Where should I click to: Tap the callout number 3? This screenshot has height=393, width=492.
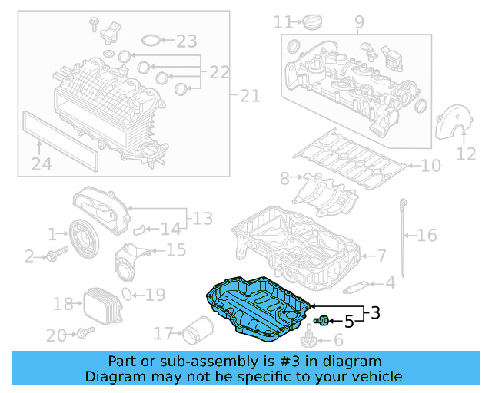[x=375, y=313]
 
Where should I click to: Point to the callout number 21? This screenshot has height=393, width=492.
[x=250, y=96]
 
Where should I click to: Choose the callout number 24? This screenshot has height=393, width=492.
[x=42, y=163]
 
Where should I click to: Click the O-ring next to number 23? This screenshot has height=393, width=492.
[x=152, y=39]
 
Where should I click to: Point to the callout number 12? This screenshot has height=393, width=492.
[x=467, y=154]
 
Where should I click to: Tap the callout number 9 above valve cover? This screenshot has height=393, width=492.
[x=359, y=21]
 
